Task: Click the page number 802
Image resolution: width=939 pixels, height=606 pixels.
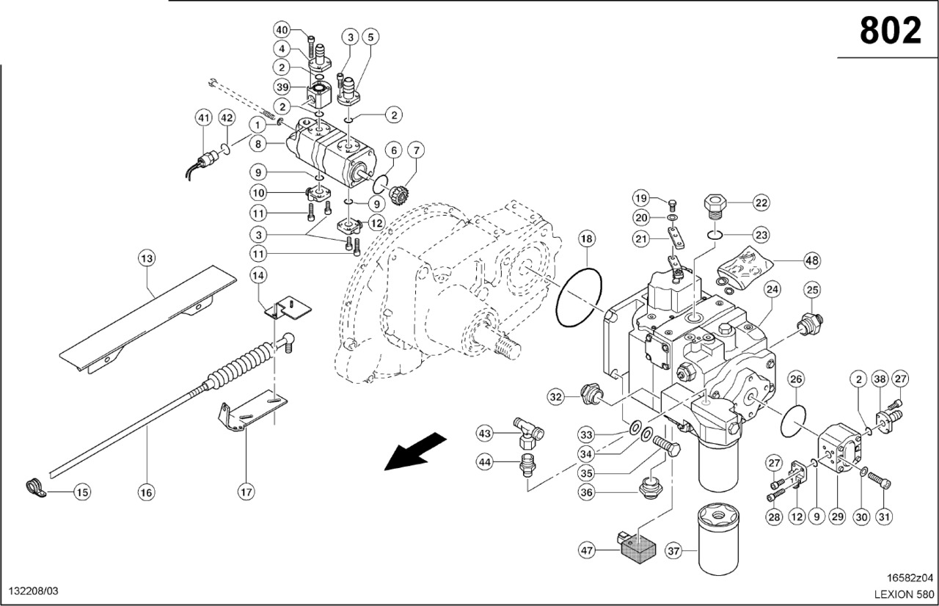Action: (890, 31)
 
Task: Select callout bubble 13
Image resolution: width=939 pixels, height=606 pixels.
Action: (147, 258)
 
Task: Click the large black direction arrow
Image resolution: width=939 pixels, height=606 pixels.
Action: (415, 450)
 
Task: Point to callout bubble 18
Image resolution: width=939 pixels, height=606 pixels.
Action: (587, 238)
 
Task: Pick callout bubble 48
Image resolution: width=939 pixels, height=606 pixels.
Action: (811, 260)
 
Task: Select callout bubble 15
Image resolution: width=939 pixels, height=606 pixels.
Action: (82, 492)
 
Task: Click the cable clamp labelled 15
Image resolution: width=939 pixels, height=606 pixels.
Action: (34, 486)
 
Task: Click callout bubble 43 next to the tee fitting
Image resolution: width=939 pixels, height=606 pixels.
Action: (485, 434)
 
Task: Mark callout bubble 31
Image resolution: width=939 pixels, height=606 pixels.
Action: (885, 516)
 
